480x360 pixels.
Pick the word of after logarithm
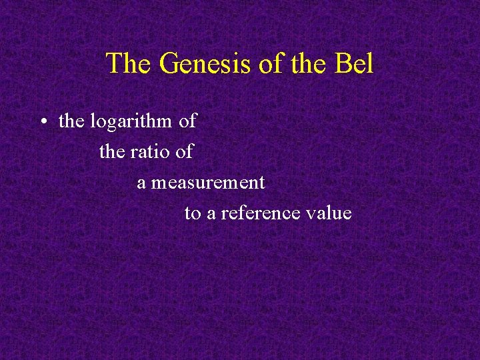tap(188, 121)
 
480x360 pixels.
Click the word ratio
tap(149, 152)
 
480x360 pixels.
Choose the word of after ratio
tap(184, 152)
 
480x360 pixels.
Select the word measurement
tap(207, 183)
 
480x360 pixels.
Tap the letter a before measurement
tap(141, 183)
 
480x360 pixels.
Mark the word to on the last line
tap(192, 214)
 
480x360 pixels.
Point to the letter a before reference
tap(211, 214)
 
